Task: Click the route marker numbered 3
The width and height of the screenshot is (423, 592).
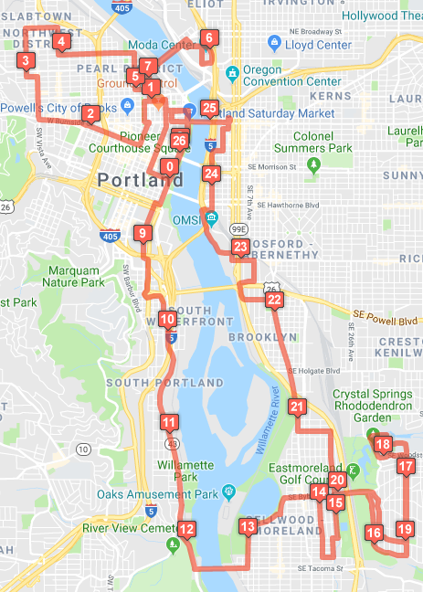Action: (x=26, y=61)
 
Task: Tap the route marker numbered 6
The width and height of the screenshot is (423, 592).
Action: (x=208, y=38)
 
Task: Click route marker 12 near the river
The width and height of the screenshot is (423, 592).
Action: (x=186, y=529)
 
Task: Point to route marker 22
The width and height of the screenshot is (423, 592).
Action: (x=274, y=299)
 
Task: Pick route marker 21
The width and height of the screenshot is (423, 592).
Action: (x=297, y=407)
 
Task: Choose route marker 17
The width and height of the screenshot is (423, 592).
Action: (x=406, y=466)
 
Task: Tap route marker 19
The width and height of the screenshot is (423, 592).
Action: (x=406, y=529)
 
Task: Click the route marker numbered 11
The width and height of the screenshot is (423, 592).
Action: (x=169, y=422)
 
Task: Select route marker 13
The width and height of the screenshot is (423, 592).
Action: (x=248, y=526)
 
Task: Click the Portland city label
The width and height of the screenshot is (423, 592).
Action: (x=140, y=180)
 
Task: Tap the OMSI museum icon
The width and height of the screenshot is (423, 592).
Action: (x=212, y=217)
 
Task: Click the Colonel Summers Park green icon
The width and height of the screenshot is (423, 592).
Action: (x=315, y=164)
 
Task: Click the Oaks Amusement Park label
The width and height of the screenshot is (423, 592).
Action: (x=157, y=495)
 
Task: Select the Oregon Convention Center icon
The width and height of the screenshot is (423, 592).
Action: (x=232, y=72)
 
